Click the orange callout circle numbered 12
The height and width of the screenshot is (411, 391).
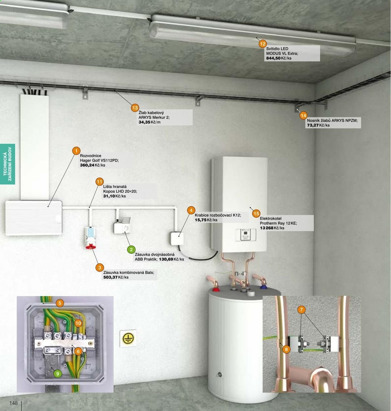pos(263,44)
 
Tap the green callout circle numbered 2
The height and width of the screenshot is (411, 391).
pos(131,249)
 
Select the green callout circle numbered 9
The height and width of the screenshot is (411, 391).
pos(58,374)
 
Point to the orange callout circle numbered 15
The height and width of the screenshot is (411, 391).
pos(256,213)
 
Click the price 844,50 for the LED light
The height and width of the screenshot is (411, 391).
pos(273,58)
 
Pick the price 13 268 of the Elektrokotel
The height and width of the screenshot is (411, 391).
pos(267,228)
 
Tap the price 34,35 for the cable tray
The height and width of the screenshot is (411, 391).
pos(144,122)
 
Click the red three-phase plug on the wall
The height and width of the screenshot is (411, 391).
pos(91,246)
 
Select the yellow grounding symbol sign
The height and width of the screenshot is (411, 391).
pos(128,338)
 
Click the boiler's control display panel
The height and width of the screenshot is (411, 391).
pos(246,235)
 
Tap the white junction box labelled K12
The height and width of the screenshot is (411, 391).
pos(177,239)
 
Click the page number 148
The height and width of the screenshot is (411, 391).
pos(13,403)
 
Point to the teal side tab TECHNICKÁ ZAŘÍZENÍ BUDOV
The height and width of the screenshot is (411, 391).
pos(8,164)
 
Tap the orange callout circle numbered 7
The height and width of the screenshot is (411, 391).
pos(301,310)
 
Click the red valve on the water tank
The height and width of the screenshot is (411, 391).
pos(215,289)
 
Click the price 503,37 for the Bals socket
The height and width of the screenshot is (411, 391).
pos(110,277)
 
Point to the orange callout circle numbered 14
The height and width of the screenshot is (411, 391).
pos(303,116)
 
